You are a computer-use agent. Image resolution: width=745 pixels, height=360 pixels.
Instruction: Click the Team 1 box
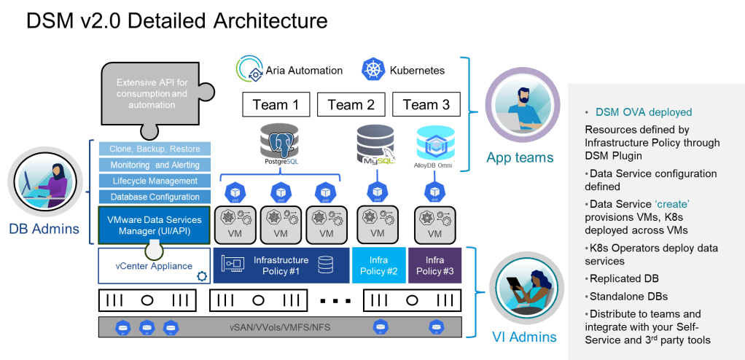tap(276, 105)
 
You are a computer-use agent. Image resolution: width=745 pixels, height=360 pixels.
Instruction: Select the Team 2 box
tap(351, 105)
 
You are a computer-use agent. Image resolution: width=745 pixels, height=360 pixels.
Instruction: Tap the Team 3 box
tap(426, 105)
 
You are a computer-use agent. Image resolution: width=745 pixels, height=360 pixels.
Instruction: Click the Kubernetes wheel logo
tap(372, 71)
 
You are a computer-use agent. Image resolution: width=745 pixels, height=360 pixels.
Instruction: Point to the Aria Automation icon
tap(249, 71)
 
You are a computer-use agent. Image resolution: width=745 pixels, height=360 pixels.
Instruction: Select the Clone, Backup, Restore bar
tap(155, 149)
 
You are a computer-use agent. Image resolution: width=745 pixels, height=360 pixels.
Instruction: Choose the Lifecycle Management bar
tap(155, 181)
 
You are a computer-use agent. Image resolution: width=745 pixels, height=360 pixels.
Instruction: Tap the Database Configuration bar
tap(155, 197)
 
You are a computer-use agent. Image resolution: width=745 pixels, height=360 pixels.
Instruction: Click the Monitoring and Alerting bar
tap(155, 165)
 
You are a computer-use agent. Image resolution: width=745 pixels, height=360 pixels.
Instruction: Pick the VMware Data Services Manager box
tap(155, 224)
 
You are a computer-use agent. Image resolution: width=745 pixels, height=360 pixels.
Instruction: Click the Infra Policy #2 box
tap(379, 265)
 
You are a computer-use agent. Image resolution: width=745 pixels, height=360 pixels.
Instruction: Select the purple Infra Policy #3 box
tap(434, 265)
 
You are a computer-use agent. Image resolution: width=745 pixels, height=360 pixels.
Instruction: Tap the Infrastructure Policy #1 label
tap(281, 265)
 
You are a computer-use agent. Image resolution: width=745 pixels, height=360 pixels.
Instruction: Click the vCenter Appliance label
tap(154, 266)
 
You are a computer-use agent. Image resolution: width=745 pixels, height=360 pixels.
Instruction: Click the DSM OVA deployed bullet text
tap(643, 112)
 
